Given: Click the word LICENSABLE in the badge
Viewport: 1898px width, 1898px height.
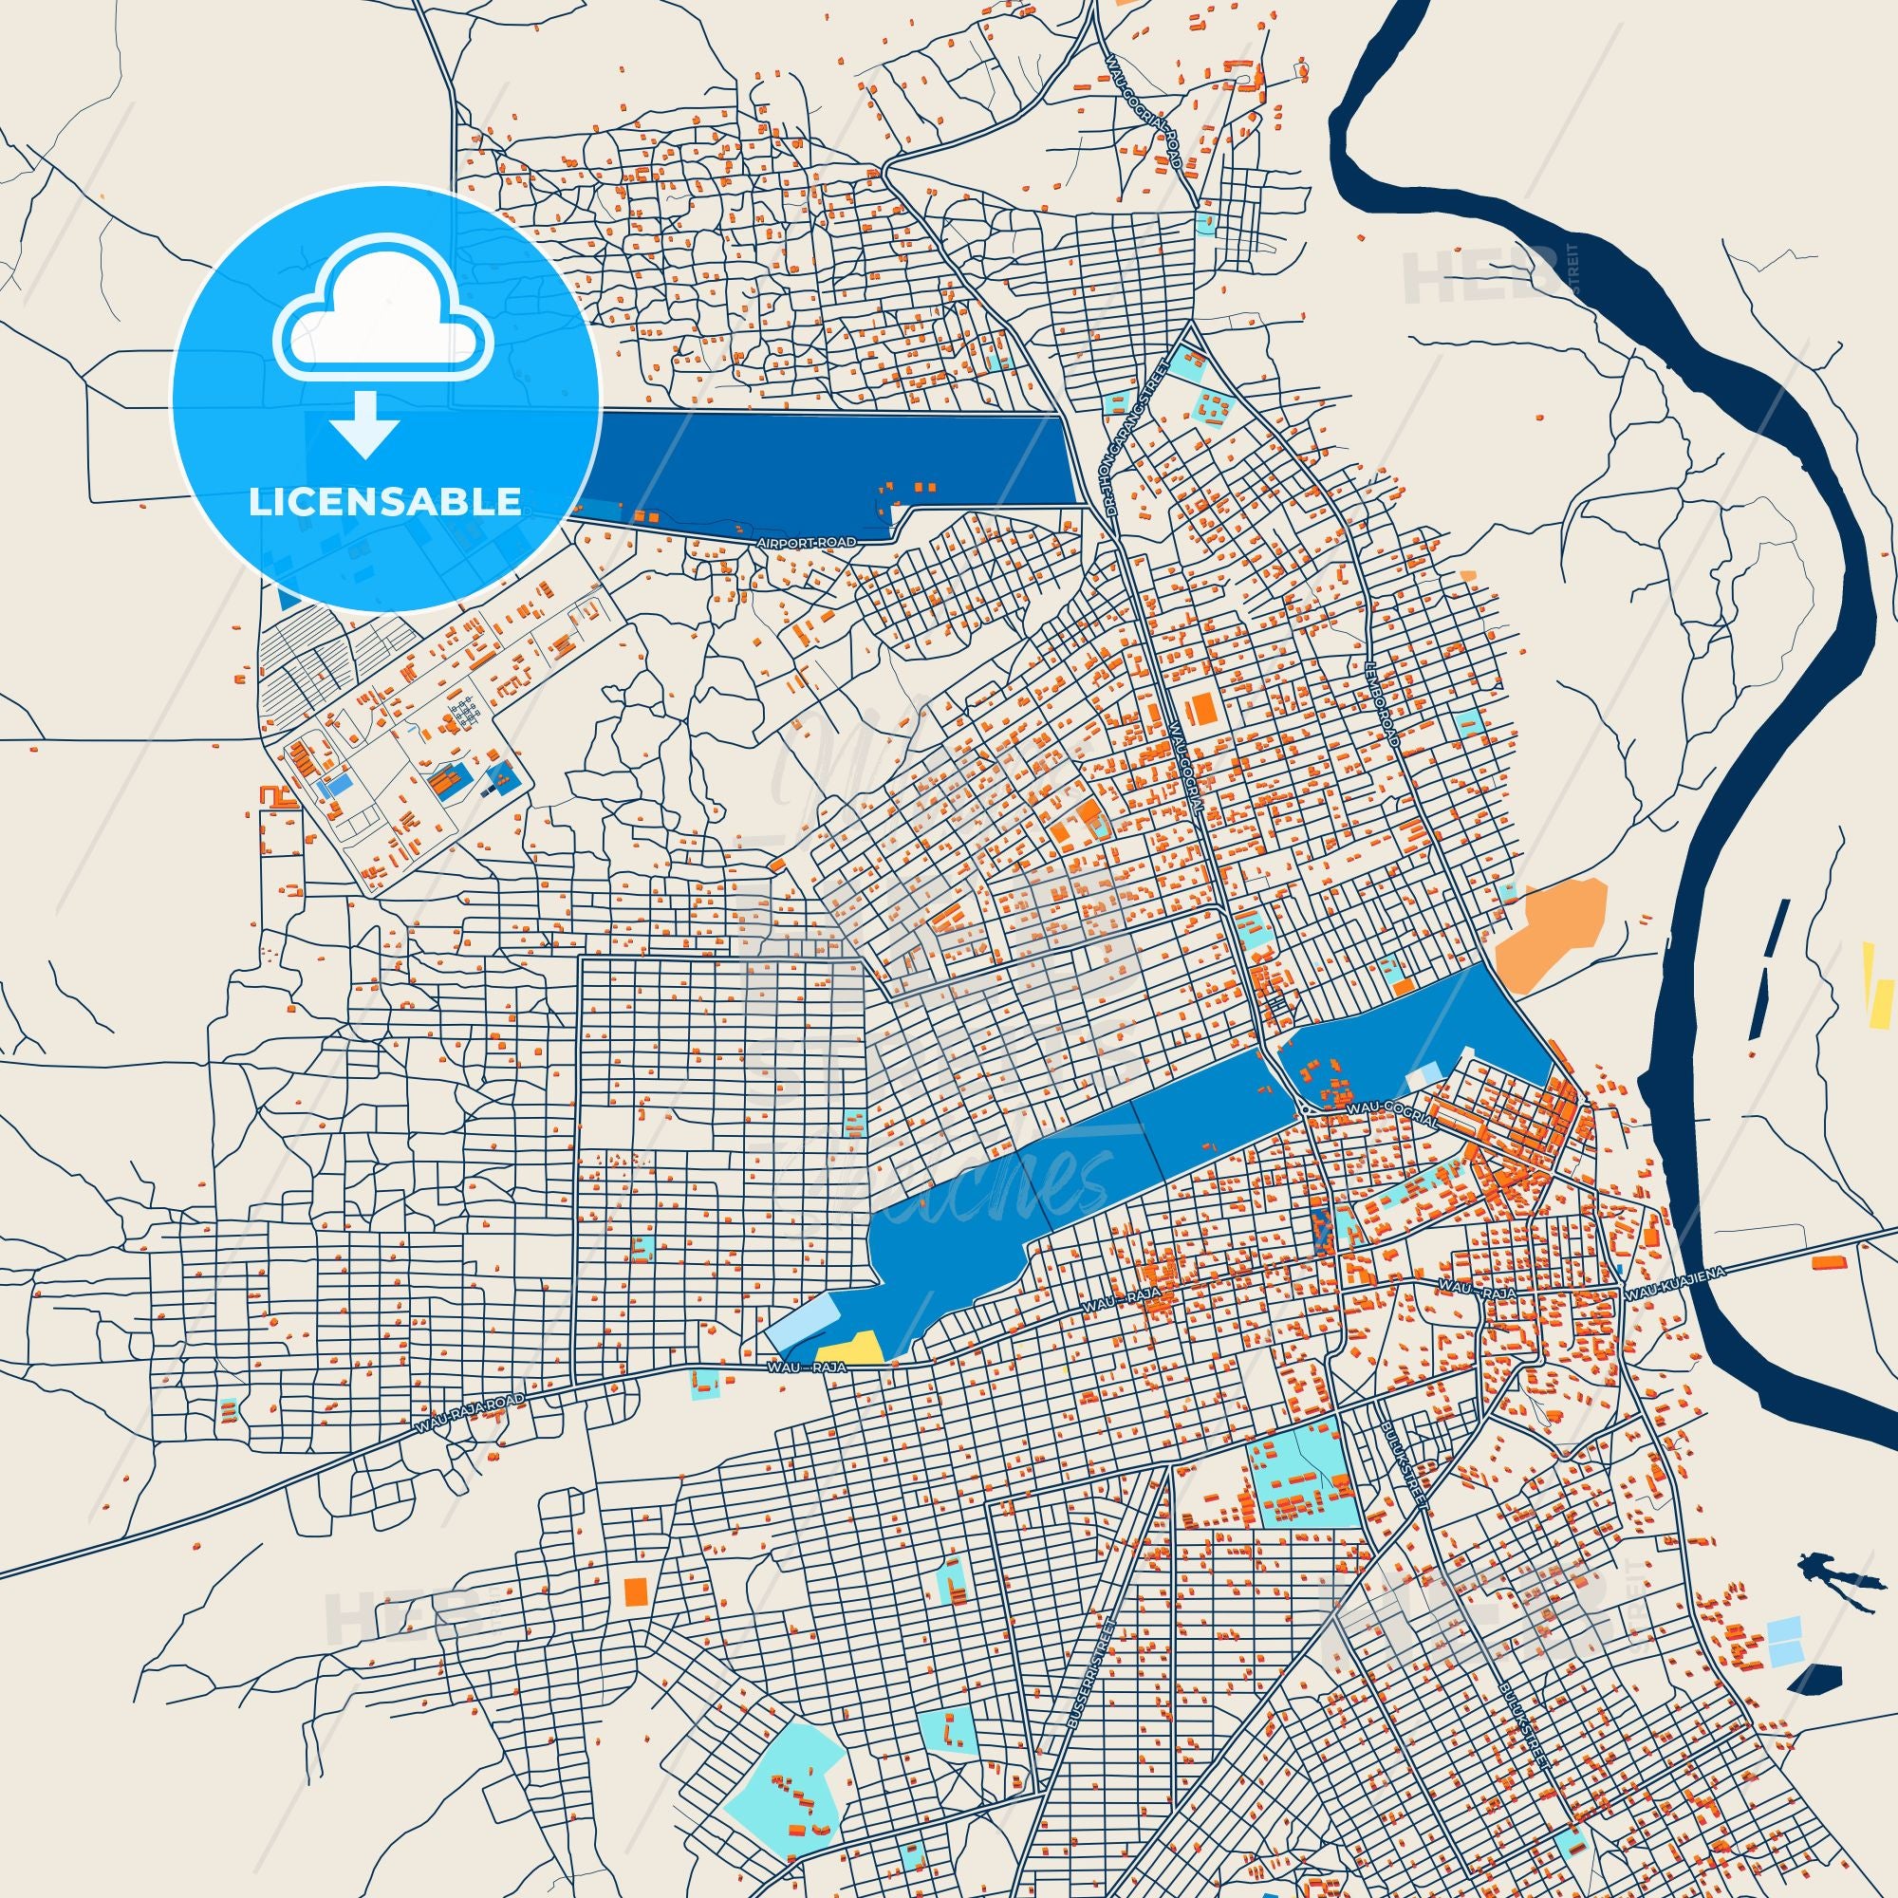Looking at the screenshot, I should pyautogui.click(x=385, y=502).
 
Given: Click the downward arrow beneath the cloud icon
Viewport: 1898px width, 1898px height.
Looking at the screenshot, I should pyautogui.click(x=364, y=423).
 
